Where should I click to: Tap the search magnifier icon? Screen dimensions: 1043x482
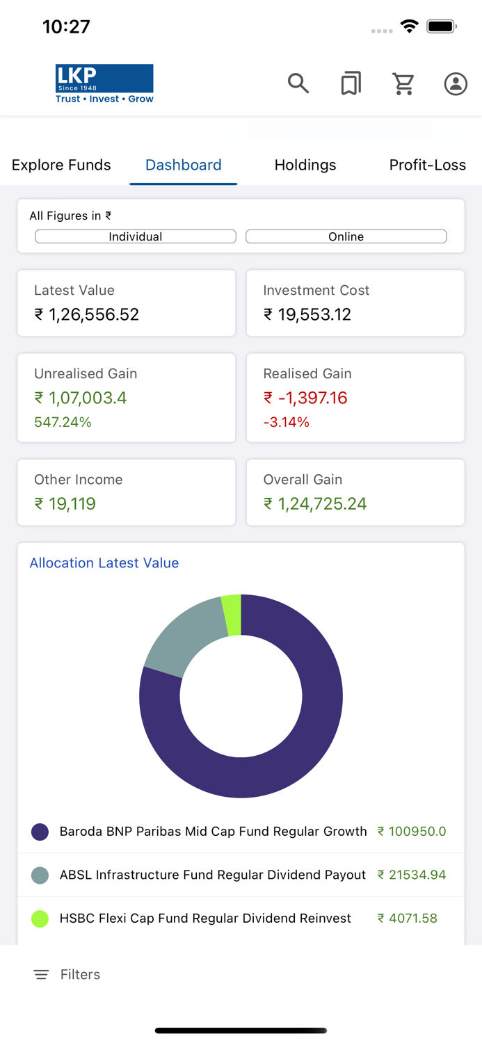(x=298, y=83)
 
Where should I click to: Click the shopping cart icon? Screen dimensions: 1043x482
(x=403, y=83)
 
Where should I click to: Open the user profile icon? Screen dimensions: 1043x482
(x=456, y=83)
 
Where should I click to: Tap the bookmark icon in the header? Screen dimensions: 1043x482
(x=351, y=83)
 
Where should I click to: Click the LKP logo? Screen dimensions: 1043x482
(x=104, y=83)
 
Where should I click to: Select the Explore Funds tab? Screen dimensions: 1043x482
(x=61, y=165)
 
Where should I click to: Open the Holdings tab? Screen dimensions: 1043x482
(x=305, y=165)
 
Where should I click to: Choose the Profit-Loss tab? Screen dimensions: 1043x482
(x=427, y=165)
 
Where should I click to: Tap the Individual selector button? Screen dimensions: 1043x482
(x=136, y=236)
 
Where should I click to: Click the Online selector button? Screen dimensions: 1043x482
(x=346, y=236)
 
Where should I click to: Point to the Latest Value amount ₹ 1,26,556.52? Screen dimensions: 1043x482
(x=87, y=314)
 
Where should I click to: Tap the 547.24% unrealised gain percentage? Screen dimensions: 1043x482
(x=63, y=422)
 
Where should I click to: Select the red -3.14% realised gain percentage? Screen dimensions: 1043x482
(x=287, y=422)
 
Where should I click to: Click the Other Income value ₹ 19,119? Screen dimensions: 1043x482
(x=65, y=503)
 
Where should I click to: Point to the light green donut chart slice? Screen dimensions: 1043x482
(x=232, y=615)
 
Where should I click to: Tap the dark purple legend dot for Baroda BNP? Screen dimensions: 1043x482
(x=40, y=832)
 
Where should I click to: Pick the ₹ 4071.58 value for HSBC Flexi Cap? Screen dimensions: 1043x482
(x=408, y=918)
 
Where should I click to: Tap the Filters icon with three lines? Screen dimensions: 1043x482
(x=41, y=975)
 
